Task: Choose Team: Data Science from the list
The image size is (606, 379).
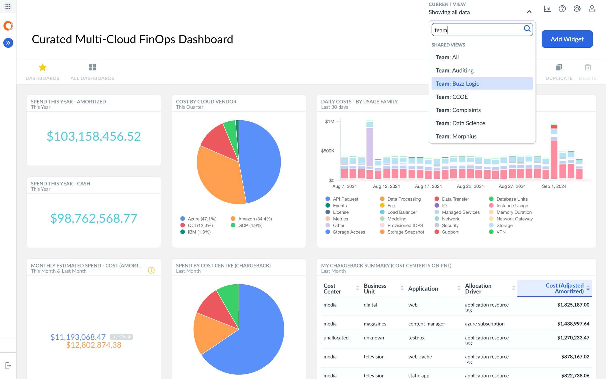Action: pos(460,123)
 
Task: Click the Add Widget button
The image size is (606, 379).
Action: pos(567,39)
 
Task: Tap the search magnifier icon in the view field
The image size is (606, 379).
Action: pos(527,29)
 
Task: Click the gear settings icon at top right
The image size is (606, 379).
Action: pos(577,9)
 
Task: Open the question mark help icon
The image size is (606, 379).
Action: pos(562,9)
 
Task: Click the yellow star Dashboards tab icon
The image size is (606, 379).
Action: pos(42,67)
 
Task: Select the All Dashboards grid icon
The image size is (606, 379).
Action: pos(92,67)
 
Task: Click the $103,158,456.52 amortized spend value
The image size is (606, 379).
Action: pos(94,137)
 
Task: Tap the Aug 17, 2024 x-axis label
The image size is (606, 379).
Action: pos(428,186)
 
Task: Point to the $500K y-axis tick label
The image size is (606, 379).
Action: pos(327,151)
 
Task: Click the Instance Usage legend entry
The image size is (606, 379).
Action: pos(512,206)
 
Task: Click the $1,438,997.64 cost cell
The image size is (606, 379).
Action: pos(573,324)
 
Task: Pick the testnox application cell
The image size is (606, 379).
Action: pos(416,338)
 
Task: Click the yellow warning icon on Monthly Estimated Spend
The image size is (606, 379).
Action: pos(151,270)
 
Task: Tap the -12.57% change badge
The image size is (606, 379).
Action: pos(121,337)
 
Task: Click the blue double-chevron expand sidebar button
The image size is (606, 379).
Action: pos(8,43)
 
